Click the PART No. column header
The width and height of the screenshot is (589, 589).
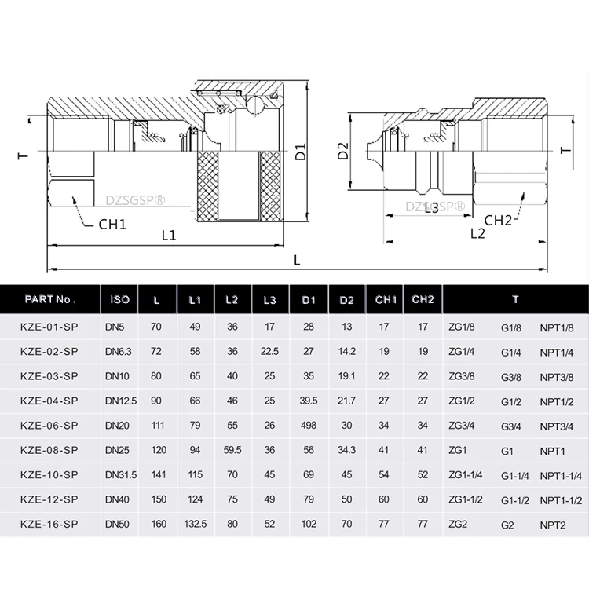[49, 299]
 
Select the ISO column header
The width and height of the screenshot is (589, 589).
[120, 299]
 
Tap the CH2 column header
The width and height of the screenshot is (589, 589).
[423, 299]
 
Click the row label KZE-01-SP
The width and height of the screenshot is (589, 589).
[49, 327]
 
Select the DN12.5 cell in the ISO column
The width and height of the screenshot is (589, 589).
[121, 401]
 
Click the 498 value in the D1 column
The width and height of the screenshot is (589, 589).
[309, 425]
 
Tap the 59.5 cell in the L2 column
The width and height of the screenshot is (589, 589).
[232, 449]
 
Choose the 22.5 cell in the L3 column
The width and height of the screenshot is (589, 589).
[270, 352]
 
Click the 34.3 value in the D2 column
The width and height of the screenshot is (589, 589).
[346, 449]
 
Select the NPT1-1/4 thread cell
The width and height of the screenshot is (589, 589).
[560, 474]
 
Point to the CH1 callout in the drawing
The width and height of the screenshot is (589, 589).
[112, 223]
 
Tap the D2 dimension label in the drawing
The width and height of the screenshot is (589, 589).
[342, 151]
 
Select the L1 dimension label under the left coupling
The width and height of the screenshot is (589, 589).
[168, 235]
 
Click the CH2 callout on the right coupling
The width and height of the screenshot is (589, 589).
[497, 220]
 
